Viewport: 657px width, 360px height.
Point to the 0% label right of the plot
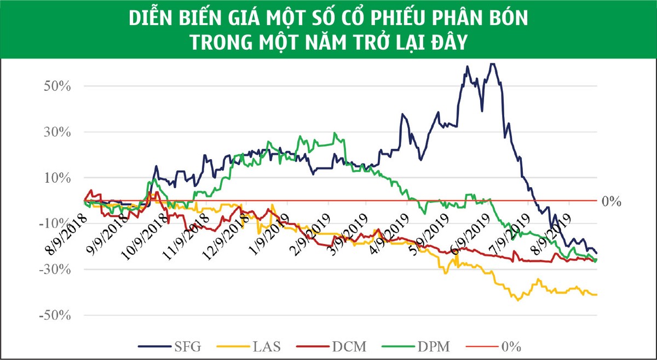[x=611, y=201]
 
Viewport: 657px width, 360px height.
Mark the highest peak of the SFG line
[x=493, y=64]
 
